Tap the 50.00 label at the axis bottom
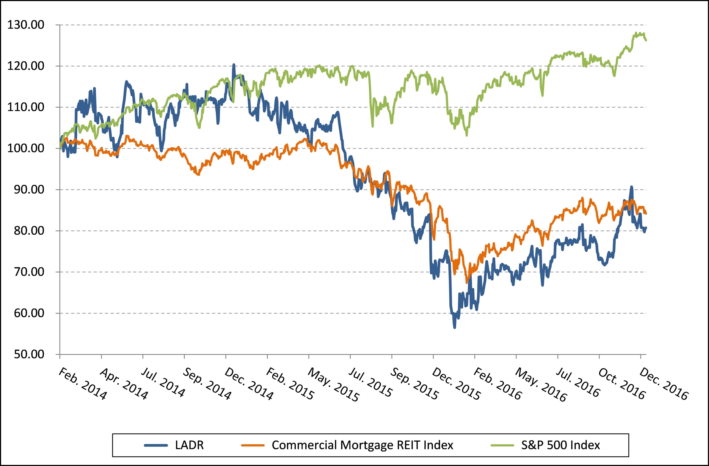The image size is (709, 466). (29, 354)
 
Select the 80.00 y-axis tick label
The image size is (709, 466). (29, 231)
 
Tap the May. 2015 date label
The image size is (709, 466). (333, 385)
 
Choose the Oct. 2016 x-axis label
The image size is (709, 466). (621, 384)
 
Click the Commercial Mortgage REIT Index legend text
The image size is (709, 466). (362, 445)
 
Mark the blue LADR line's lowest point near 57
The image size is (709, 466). (455, 327)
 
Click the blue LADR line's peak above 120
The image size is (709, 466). (234, 65)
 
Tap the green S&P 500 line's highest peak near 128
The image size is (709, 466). (636, 33)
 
